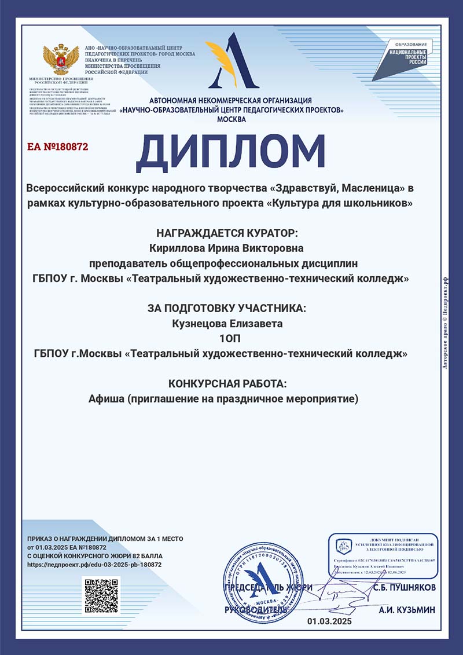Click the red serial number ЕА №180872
58,147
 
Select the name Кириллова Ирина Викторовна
231,248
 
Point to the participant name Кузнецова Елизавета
231,324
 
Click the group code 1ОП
231,338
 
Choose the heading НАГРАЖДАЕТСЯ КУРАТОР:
231,233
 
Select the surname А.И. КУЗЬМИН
406,610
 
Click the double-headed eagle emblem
56,58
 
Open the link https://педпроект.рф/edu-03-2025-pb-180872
94,564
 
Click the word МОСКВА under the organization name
231,119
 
